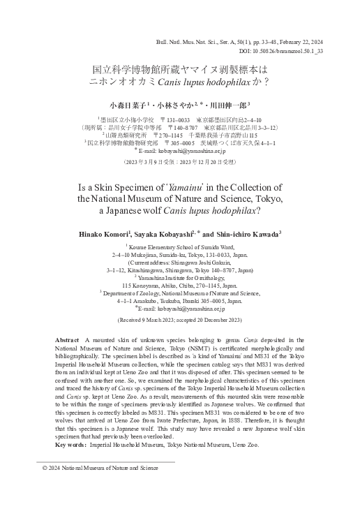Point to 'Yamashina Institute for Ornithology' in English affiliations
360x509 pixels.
tap(183, 277)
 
